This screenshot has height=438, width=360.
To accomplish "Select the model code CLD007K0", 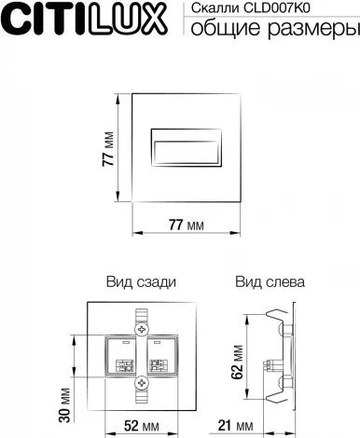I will pos(270,8).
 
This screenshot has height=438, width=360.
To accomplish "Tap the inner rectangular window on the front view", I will pos(187,146).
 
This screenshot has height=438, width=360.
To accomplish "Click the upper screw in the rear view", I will pos(142,329).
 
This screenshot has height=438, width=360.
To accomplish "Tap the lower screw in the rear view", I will pos(142,382).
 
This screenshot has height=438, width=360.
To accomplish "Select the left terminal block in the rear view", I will pos(123,355).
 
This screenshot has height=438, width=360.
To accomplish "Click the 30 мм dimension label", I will pos(65,398).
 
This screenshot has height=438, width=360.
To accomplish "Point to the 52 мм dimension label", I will pos(142,426).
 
